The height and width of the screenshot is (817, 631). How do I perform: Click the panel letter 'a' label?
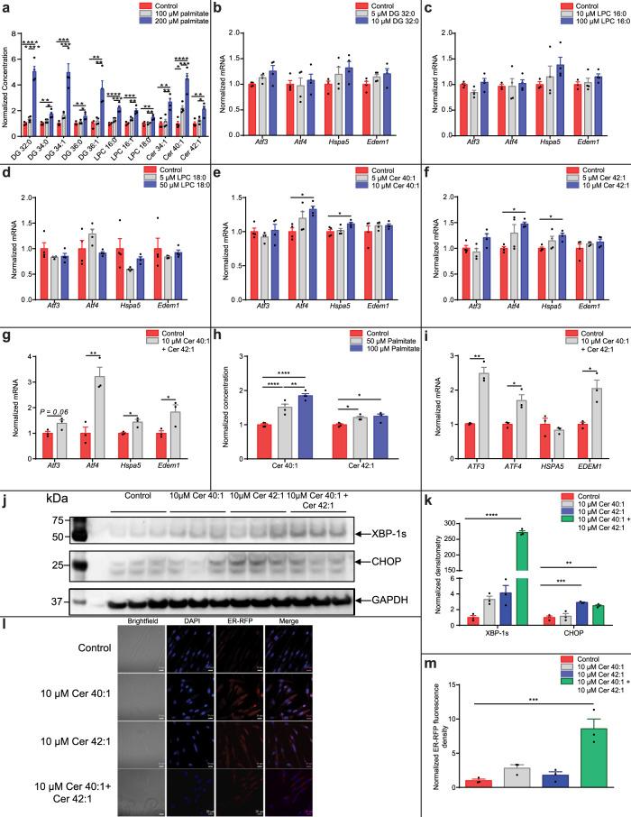pos(5,6)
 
